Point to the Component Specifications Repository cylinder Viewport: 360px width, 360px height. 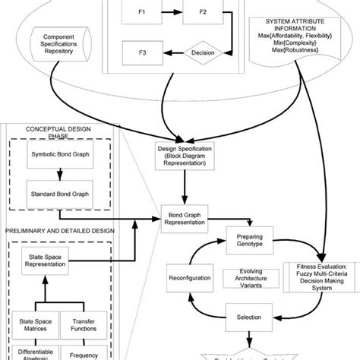pos(66,39)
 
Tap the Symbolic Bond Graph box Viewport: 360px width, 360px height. pos(57,156)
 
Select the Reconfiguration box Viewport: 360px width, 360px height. pos(190,278)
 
